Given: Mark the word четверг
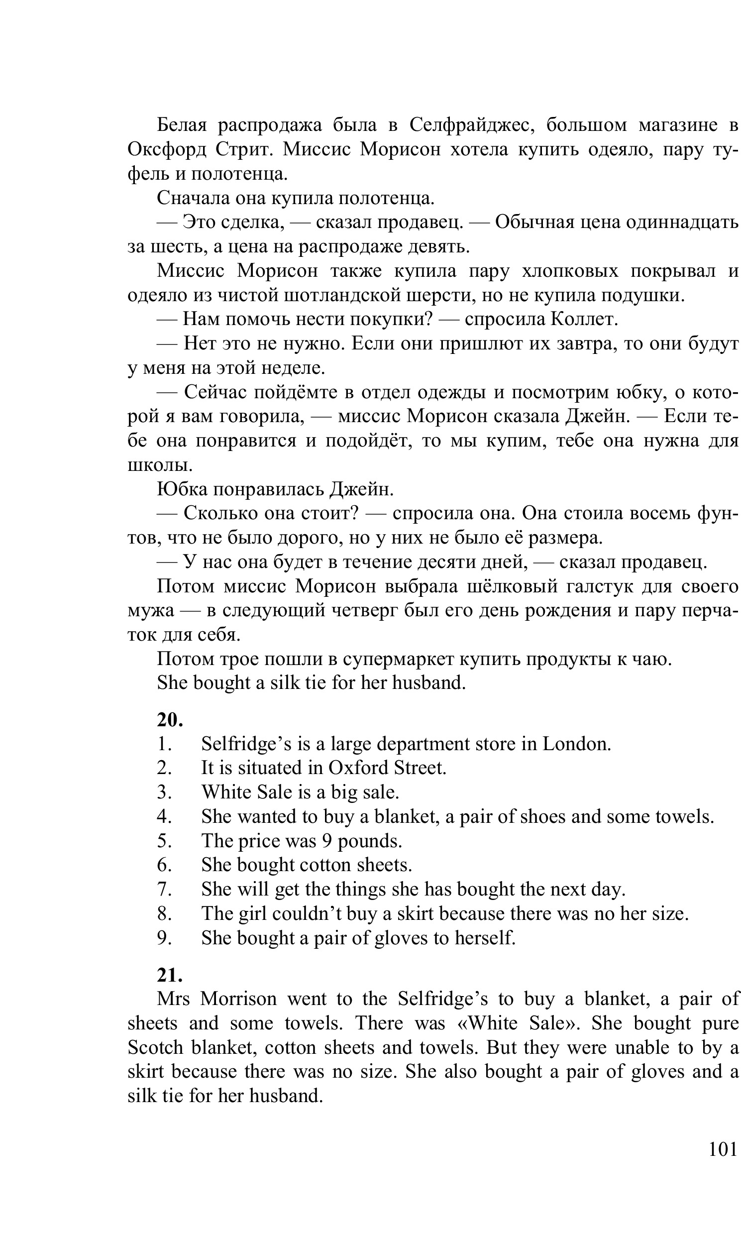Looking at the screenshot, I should [361, 610].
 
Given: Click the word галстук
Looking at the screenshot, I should [599, 586].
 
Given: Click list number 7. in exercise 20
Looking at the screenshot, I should [164, 889].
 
